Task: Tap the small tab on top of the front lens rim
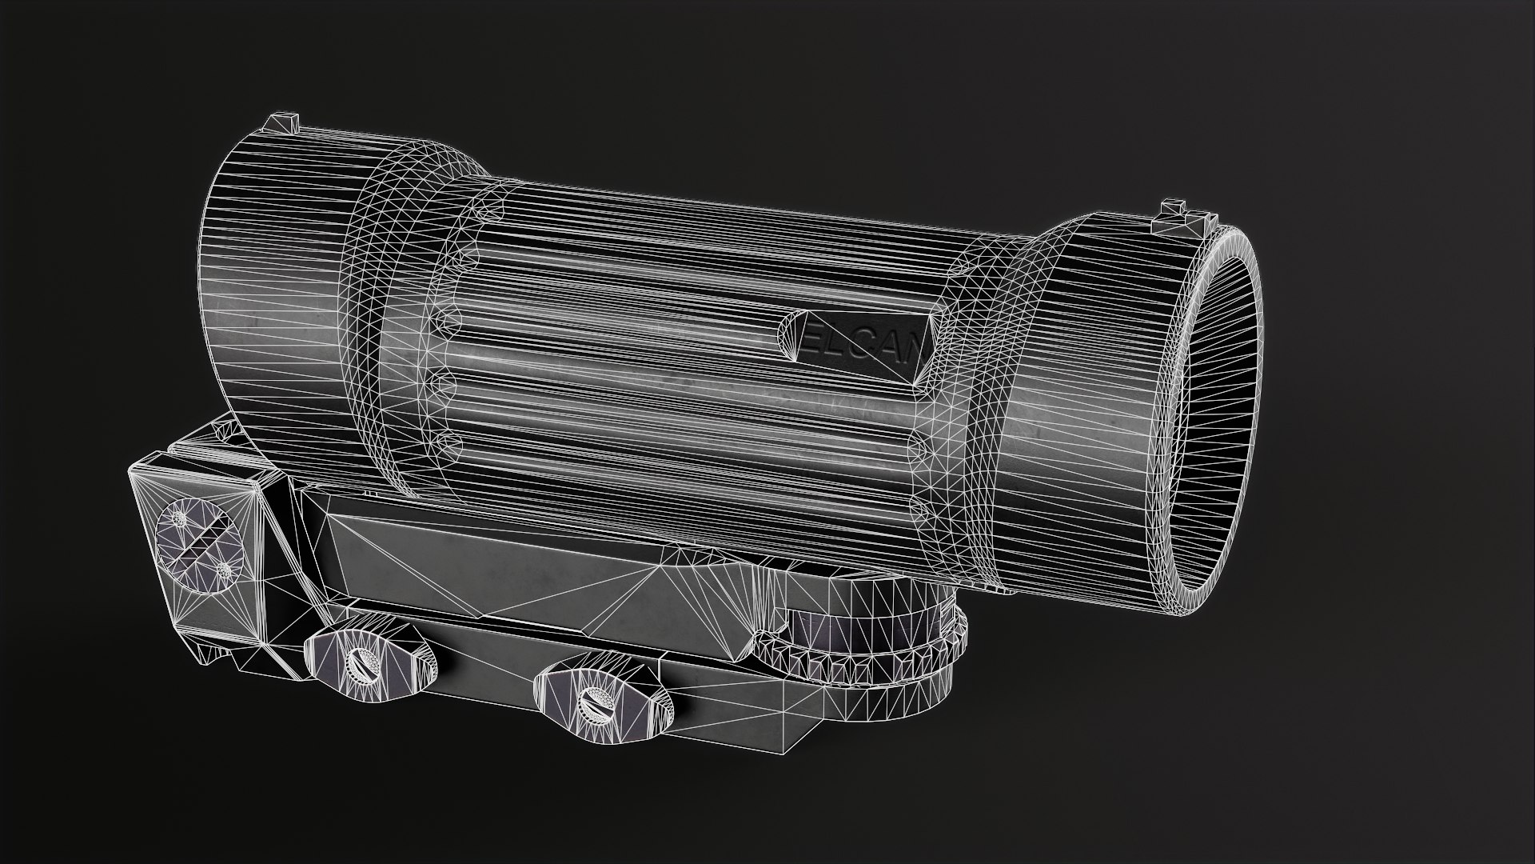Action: (1174, 206)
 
